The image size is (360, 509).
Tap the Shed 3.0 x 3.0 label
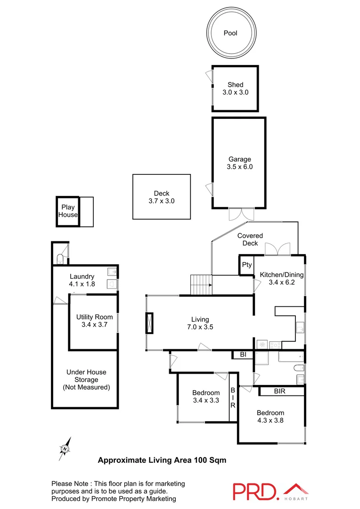click(x=235, y=89)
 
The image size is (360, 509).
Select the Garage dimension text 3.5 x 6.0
click(x=240, y=166)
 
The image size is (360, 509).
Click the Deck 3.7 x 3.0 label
click(x=161, y=197)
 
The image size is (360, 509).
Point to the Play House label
click(x=68, y=211)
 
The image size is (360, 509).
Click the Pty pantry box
click(x=247, y=265)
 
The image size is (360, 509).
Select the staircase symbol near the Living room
click(x=201, y=285)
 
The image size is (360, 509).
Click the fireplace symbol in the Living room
click(x=150, y=324)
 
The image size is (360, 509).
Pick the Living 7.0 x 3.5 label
click(x=200, y=323)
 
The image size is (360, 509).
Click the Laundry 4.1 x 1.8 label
click(x=82, y=280)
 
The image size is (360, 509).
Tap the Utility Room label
click(x=94, y=320)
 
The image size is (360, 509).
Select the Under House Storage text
click(x=86, y=379)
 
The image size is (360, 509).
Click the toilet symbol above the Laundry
click(x=60, y=258)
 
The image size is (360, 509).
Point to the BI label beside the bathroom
click(x=243, y=354)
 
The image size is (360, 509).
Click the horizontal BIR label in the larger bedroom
click(x=279, y=391)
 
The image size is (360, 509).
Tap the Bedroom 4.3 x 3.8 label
click(x=270, y=416)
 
